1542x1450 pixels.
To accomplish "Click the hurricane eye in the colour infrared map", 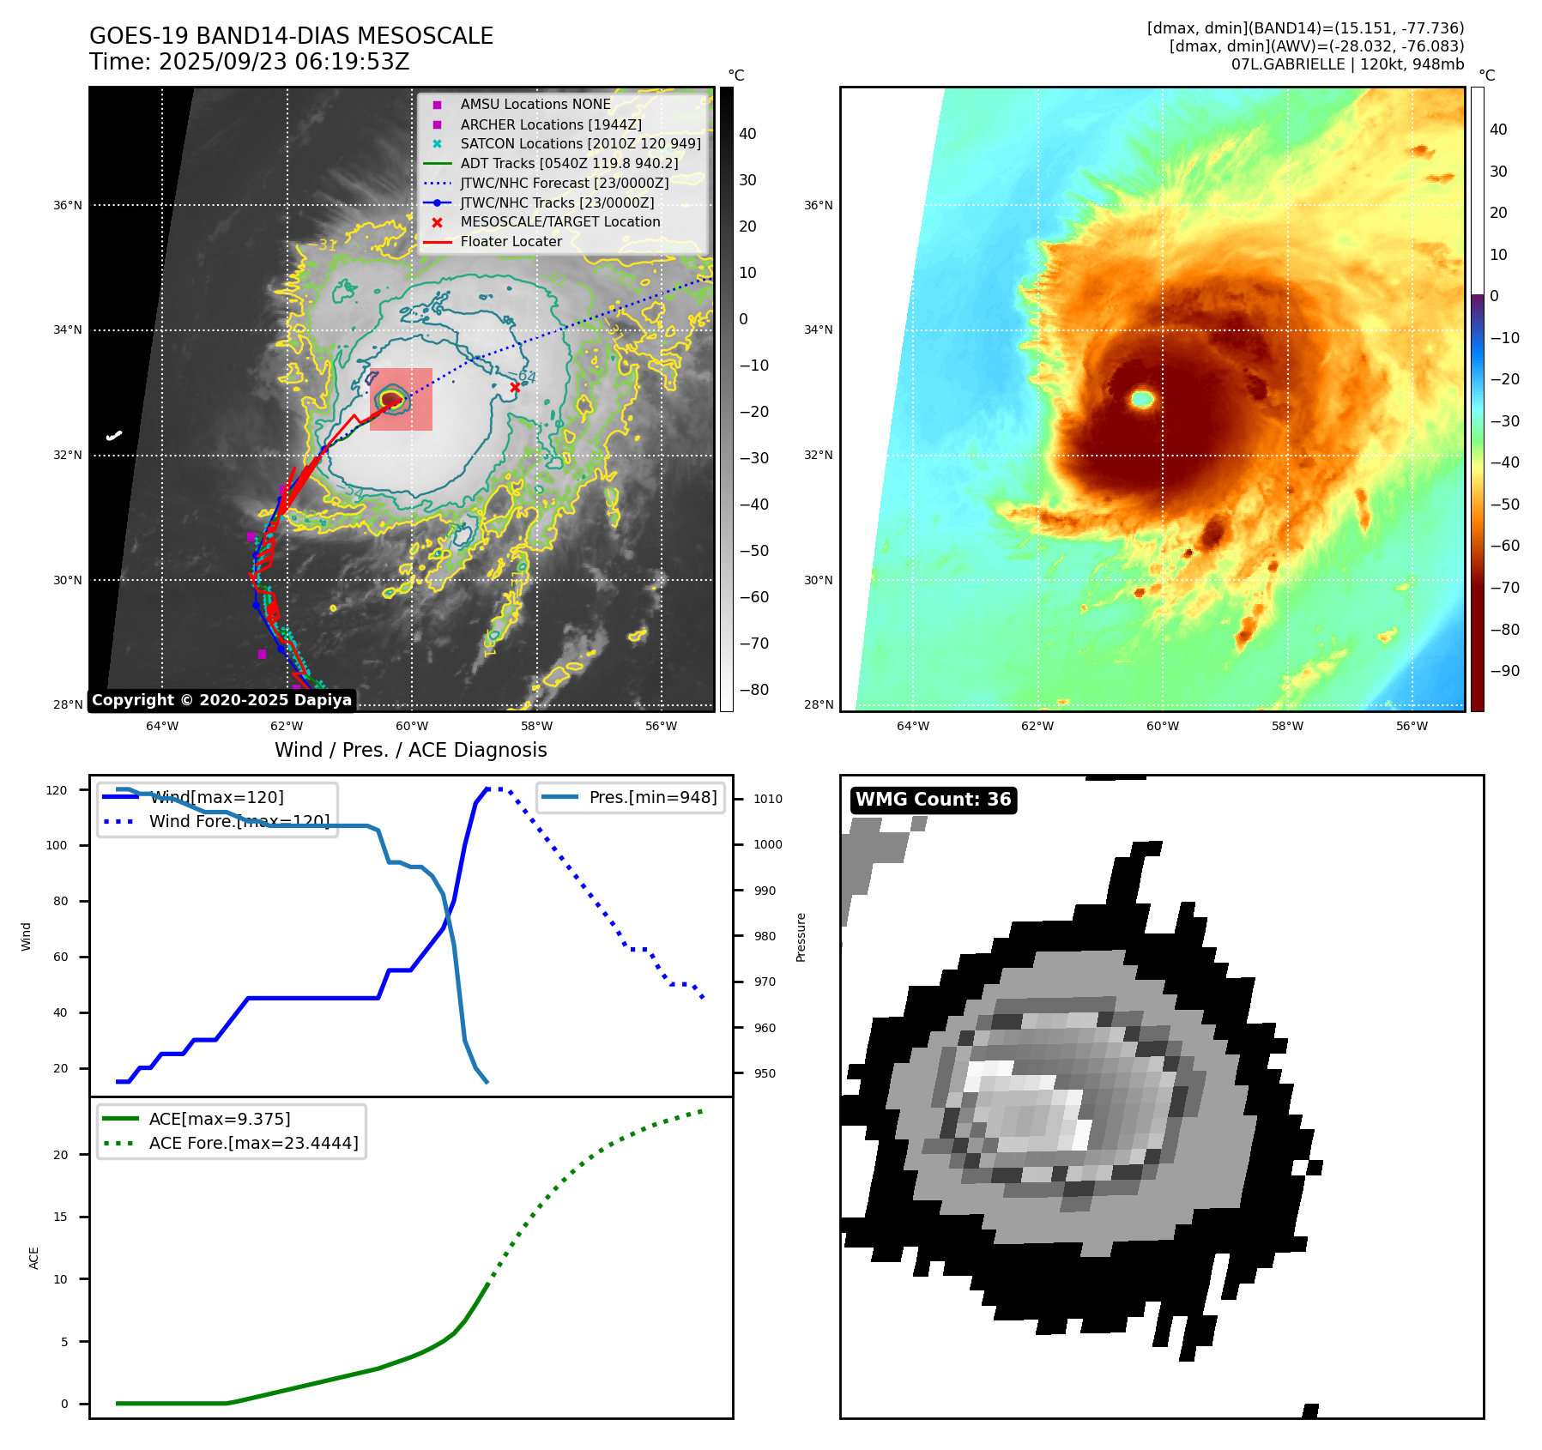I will point(1142,398).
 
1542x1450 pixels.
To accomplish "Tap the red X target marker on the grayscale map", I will point(515,388).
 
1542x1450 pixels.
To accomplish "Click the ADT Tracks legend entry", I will point(569,163).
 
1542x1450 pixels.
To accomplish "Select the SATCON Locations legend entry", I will point(580,143).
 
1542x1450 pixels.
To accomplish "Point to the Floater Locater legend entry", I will point(511,241).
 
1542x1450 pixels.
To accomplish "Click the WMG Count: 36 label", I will point(933,800).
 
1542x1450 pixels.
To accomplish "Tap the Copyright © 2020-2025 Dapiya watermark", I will point(221,700).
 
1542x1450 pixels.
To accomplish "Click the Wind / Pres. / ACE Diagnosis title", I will point(410,750).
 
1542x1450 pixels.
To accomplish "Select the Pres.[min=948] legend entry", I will point(652,797).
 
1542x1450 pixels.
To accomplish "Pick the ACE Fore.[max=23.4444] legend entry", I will point(253,1143).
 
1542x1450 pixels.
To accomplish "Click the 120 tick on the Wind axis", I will point(57,790).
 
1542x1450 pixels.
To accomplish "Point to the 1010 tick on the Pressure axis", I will point(768,799).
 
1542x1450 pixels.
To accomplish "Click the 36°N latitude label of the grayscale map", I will point(68,205).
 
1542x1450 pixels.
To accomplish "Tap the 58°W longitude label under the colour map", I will point(1287,726).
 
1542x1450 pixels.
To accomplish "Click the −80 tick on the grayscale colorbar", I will point(754,690).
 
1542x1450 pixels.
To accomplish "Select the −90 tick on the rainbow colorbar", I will point(1504,671).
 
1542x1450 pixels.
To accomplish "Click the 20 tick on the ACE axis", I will point(61,1155).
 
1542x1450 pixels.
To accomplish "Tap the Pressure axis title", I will point(801,937).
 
